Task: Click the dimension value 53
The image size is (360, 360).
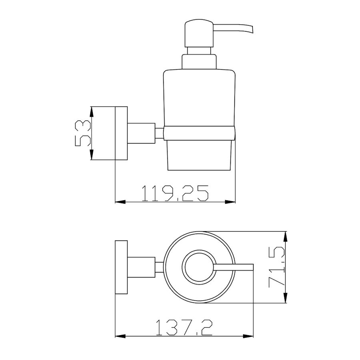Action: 83,133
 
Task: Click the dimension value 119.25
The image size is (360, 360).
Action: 175,193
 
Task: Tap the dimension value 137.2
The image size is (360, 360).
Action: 184,328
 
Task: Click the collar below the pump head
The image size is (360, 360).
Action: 199,61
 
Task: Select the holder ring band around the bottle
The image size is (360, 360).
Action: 199,133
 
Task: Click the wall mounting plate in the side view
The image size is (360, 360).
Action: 121,133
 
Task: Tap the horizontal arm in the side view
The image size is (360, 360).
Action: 141,133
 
